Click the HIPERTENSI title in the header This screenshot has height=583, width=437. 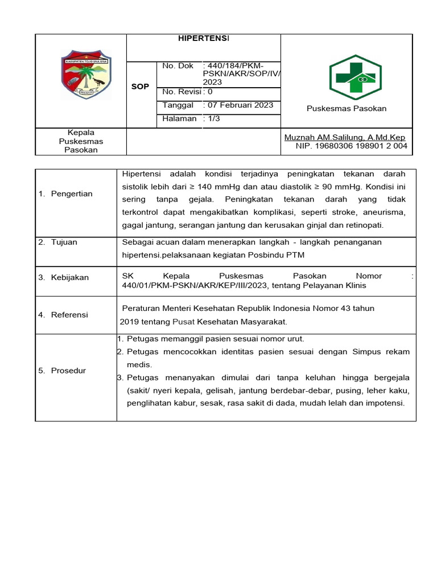tap(203, 38)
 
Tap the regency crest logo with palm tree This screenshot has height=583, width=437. tap(86, 75)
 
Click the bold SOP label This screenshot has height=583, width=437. tap(140, 87)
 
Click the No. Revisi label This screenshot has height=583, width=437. tap(181, 92)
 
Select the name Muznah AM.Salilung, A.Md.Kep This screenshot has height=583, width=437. tap(345, 137)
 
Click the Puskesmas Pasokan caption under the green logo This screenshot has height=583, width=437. tap(346, 109)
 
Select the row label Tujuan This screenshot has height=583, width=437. tap(64, 242)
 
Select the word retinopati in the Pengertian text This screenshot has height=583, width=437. tap(365, 225)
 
